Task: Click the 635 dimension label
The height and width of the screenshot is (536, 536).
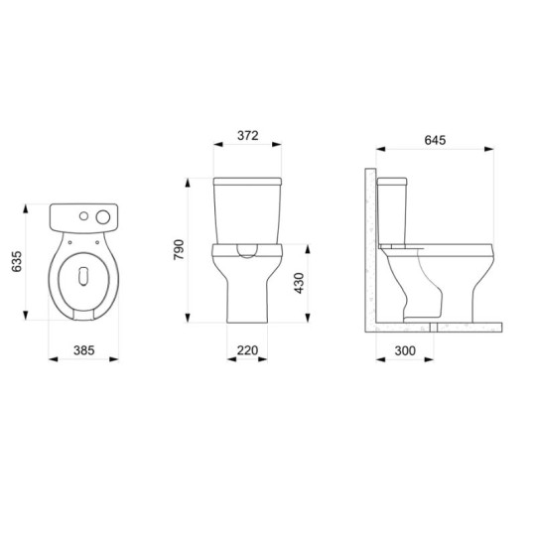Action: (x=17, y=261)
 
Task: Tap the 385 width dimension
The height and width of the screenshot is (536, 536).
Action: (x=83, y=350)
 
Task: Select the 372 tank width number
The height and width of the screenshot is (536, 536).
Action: (x=248, y=136)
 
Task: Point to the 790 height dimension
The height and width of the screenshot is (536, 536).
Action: (x=179, y=249)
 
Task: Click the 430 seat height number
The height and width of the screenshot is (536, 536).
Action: (x=299, y=283)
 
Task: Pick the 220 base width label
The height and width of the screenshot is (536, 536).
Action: (x=247, y=350)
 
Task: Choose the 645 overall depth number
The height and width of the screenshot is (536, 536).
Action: (x=435, y=140)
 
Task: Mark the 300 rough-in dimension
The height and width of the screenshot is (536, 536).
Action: (x=405, y=350)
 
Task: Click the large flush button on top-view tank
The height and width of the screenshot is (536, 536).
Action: (x=103, y=217)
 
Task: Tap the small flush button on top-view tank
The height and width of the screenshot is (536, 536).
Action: (x=83, y=216)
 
